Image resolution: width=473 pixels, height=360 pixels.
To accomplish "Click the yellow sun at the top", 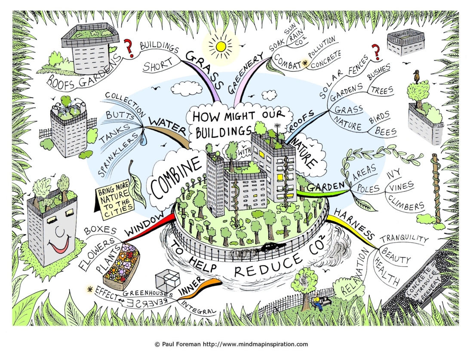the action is [x=221, y=46].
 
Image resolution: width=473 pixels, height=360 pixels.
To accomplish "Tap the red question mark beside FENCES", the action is [x=376, y=52].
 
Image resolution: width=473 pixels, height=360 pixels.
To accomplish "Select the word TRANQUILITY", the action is [x=404, y=238].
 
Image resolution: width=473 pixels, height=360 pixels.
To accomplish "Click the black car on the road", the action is [x=273, y=247].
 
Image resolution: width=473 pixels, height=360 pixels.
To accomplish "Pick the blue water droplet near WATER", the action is [x=144, y=138].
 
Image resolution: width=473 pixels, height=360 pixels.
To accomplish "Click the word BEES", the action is [x=386, y=131].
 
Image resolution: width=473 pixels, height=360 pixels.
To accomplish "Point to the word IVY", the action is [x=393, y=174].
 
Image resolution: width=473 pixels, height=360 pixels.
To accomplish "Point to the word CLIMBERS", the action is [x=406, y=203].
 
